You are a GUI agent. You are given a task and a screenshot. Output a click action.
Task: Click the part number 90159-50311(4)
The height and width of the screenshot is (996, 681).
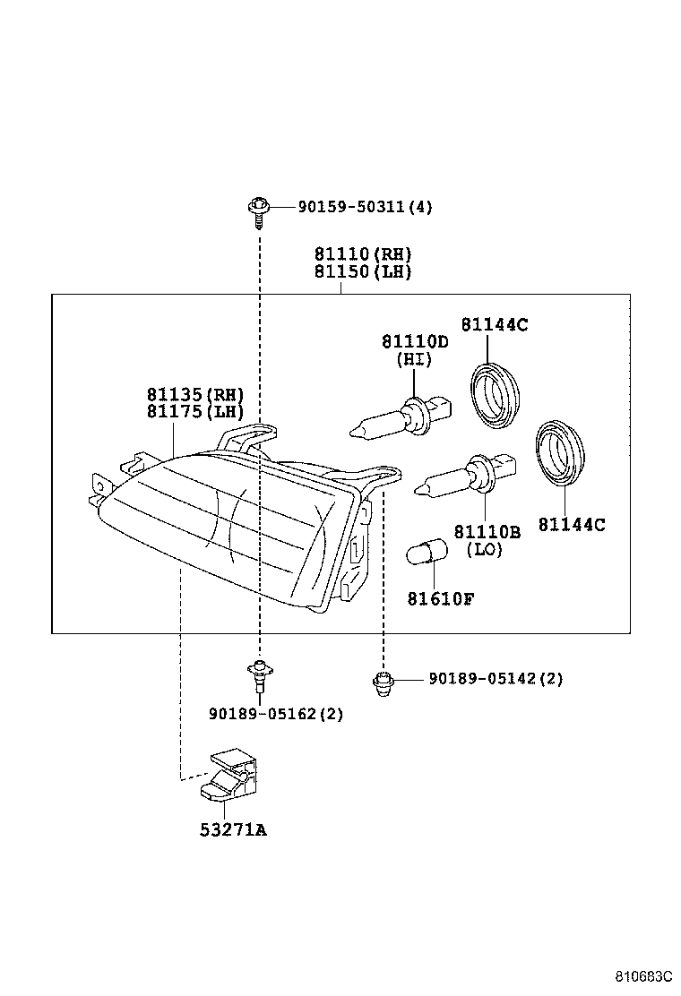tap(352, 208)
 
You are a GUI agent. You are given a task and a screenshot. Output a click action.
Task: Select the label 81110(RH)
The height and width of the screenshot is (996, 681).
tap(362, 254)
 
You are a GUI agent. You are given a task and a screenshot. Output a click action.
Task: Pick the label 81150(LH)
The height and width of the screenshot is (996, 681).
tap(362, 272)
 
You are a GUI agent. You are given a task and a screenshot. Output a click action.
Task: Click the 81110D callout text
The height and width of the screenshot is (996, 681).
tap(414, 342)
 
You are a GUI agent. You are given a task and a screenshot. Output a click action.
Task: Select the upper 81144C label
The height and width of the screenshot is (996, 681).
tap(495, 324)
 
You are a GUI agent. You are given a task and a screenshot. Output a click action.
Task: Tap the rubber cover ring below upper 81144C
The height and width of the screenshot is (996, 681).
tap(496, 391)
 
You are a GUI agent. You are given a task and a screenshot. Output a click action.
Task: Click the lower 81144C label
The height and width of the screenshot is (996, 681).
tap(572, 525)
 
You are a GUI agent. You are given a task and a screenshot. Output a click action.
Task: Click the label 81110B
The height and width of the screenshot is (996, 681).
tap(486, 532)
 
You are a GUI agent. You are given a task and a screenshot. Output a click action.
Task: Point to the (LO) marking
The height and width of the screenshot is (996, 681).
tap(485, 550)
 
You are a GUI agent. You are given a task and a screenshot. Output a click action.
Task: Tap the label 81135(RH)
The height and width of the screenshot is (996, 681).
tap(195, 394)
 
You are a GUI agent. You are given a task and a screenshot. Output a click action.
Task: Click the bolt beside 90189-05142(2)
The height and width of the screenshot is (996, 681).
tap(383, 683)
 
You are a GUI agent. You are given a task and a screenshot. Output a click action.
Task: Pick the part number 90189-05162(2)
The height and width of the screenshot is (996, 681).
tap(275, 714)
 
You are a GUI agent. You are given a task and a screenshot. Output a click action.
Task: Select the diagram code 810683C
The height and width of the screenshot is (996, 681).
tap(642, 976)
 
